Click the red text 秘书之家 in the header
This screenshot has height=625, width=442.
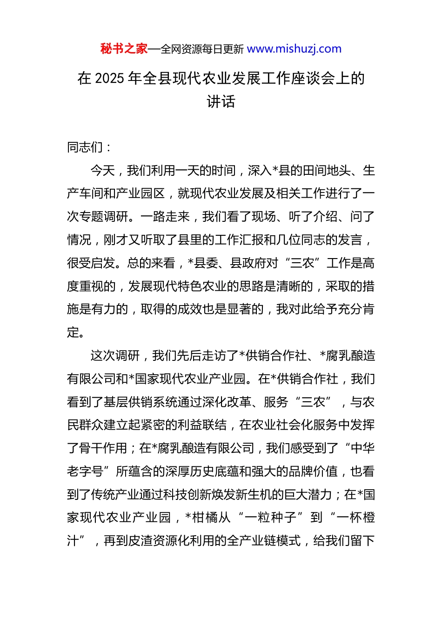tap(124, 49)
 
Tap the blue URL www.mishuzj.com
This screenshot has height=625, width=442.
tap(294, 49)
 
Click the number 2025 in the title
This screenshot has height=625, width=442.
tap(109, 78)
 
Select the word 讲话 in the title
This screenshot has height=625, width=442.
tap(221, 101)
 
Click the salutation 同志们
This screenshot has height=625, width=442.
tap(85, 147)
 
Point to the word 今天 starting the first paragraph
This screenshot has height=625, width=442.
tap(102, 171)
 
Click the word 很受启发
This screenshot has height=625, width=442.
tap(91, 263)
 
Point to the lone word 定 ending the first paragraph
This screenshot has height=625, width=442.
tap(73, 332)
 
